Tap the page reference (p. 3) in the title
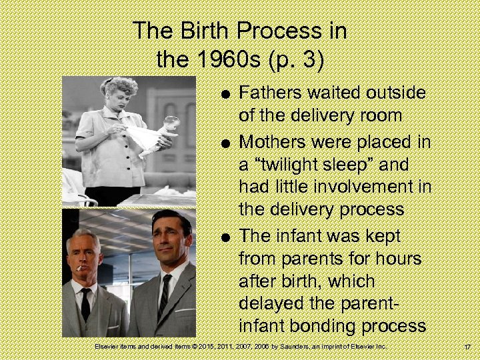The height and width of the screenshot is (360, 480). [x=295, y=60]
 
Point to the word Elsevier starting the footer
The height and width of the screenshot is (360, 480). [x=109, y=347]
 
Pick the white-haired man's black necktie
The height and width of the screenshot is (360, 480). [x=85, y=304]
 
